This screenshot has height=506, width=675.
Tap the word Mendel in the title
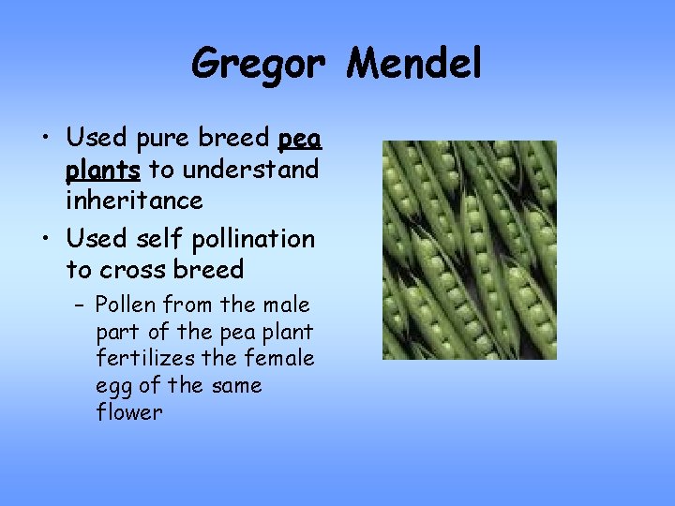tap(413, 64)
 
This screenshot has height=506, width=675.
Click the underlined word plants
tap(103, 171)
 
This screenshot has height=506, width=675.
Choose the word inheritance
tap(134, 201)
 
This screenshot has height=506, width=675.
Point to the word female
tap(280, 358)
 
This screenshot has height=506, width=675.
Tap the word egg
tap(112, 387)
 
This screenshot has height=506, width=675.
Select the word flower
tap(129, 412)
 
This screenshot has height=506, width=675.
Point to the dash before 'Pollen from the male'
tap(82, 305)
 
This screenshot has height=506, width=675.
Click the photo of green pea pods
tap(469, 250)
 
